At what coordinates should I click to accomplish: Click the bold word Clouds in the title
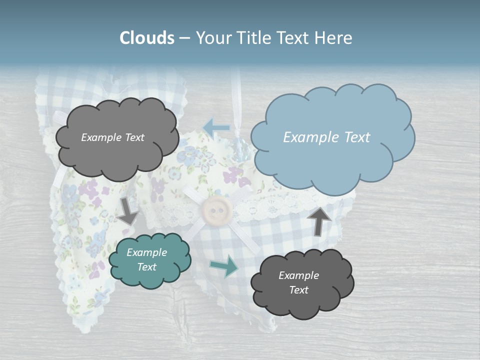[147, 38]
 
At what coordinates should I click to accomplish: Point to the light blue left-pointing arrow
[216, 128]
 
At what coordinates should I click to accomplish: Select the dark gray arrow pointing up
[319, 220]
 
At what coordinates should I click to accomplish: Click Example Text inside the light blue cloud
[326, 137]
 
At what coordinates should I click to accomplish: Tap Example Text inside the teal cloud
[147, 259]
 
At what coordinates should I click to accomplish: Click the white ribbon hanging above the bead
[239, 100]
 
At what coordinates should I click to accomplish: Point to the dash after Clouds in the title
[184, 38]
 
